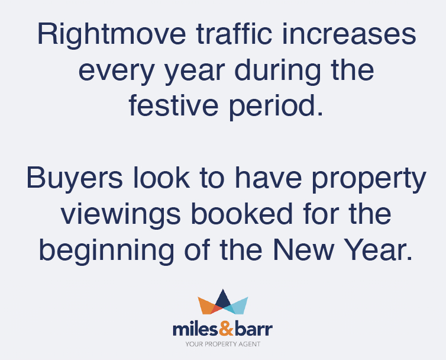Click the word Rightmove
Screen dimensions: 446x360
click(111, 36)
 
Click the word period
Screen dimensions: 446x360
click(276, 107)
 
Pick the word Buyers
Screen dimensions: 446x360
click(75, 179)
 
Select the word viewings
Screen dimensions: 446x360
click(121, 216)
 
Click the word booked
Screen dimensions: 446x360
click(242, 213)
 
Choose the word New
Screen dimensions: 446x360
click(303, 250)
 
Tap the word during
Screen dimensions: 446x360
click(277, 71)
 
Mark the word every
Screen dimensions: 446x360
click(117, 73)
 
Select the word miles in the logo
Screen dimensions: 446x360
click(196, 329)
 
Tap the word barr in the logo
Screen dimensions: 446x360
click(254, 329)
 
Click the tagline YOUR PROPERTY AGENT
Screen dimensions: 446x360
click(223, 344)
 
